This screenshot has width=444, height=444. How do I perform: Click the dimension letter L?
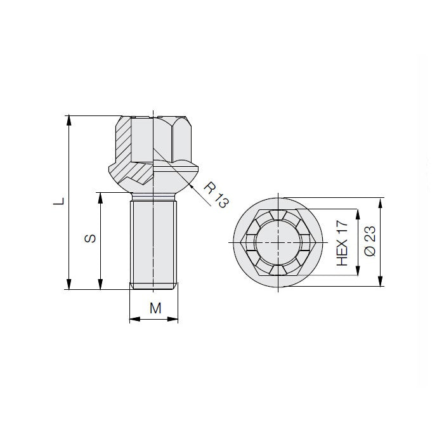58,202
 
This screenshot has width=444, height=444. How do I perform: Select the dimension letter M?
154,308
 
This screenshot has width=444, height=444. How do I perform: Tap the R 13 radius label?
215,193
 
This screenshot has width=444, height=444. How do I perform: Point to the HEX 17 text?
343,243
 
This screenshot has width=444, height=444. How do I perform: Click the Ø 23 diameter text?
371,242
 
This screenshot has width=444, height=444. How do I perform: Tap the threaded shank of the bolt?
154,241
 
